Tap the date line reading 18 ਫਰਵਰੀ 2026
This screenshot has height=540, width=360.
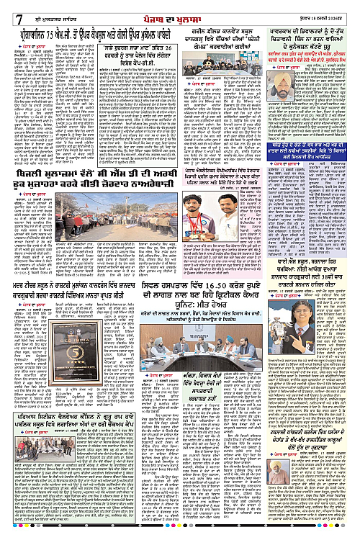click(x=333, y=8)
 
